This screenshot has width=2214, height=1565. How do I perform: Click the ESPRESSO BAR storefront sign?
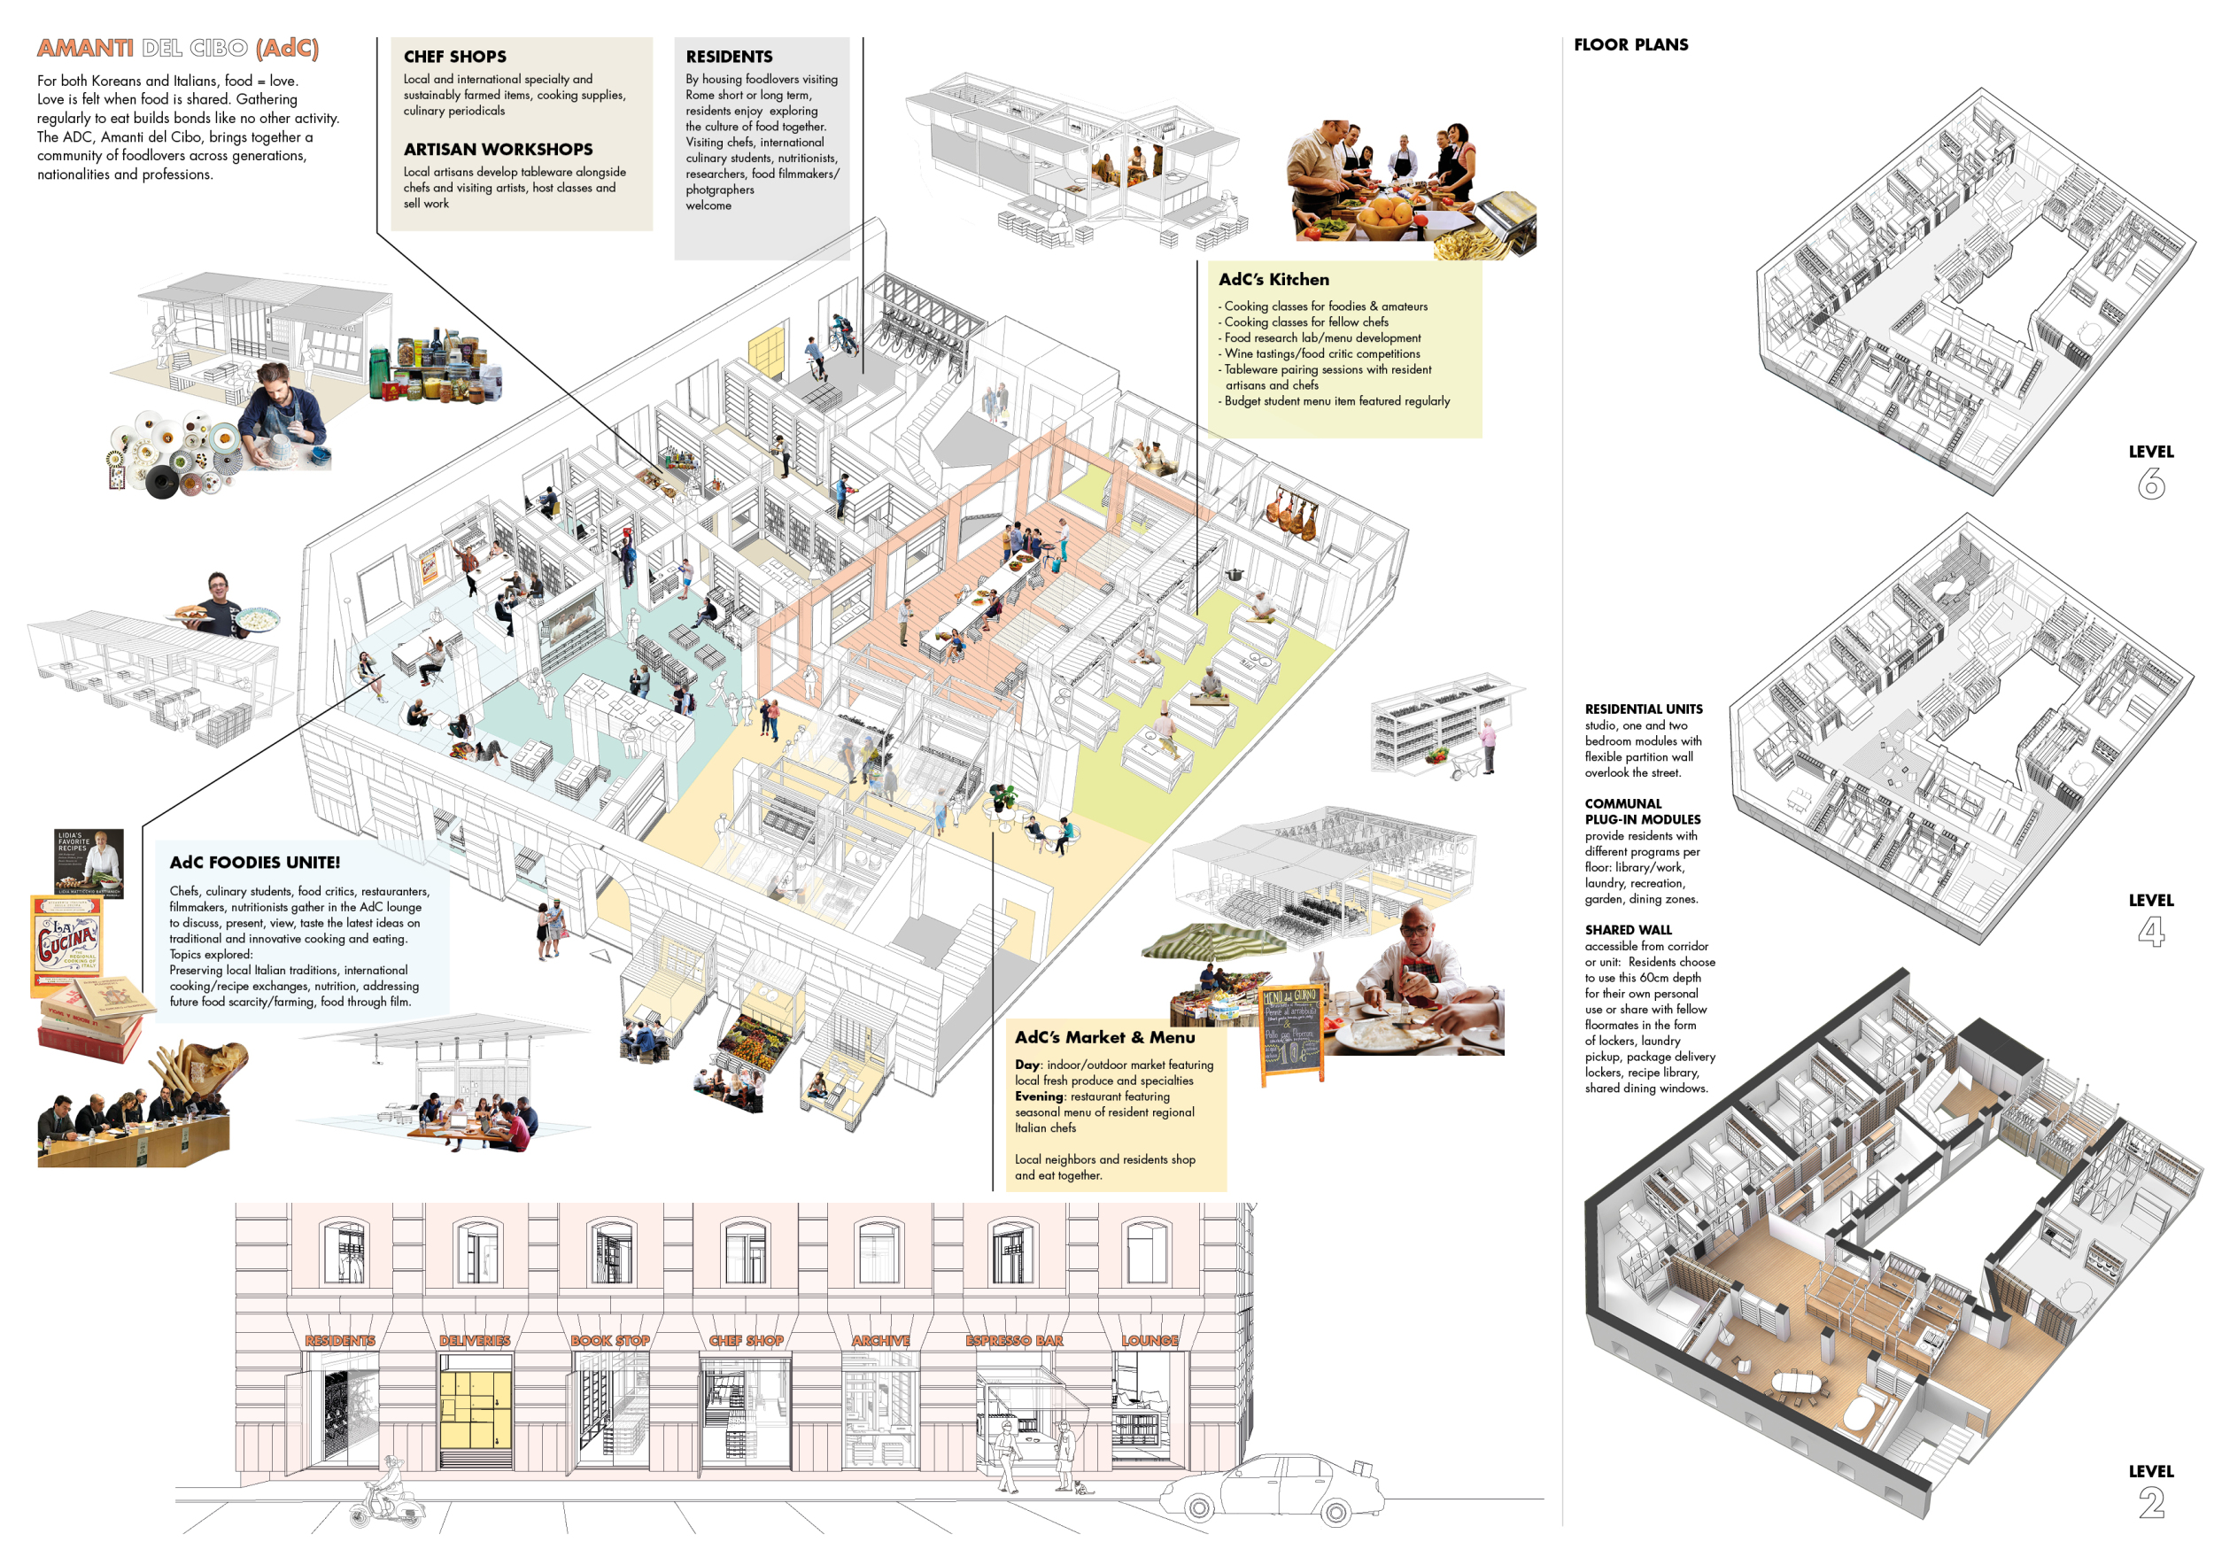point(1013,1340)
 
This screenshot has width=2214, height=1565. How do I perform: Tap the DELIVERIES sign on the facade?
point(475,1340)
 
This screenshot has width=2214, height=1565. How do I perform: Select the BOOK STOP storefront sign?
point(609,1340)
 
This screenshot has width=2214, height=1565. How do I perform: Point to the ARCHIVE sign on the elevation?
point(880,1340)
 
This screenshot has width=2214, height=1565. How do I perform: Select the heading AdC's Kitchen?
point(1273,280)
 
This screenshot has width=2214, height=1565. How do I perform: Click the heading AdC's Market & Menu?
point(1104,1037)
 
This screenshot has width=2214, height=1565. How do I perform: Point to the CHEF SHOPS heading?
point(455,57)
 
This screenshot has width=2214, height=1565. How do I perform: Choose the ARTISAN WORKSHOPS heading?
point(498,150)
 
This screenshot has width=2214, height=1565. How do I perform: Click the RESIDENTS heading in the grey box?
point(729,57)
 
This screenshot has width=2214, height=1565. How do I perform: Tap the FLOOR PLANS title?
point(1630,44)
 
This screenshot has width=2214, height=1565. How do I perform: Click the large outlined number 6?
point(2150,483)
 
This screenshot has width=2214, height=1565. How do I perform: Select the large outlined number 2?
point(2150,1502)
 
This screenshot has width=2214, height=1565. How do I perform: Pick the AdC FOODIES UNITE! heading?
point(254,862)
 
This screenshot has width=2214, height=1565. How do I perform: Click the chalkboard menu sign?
point(1291,1032)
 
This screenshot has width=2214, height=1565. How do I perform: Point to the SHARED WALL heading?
point(1628,930)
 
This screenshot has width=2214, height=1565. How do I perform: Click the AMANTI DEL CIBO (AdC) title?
point(177,48)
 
